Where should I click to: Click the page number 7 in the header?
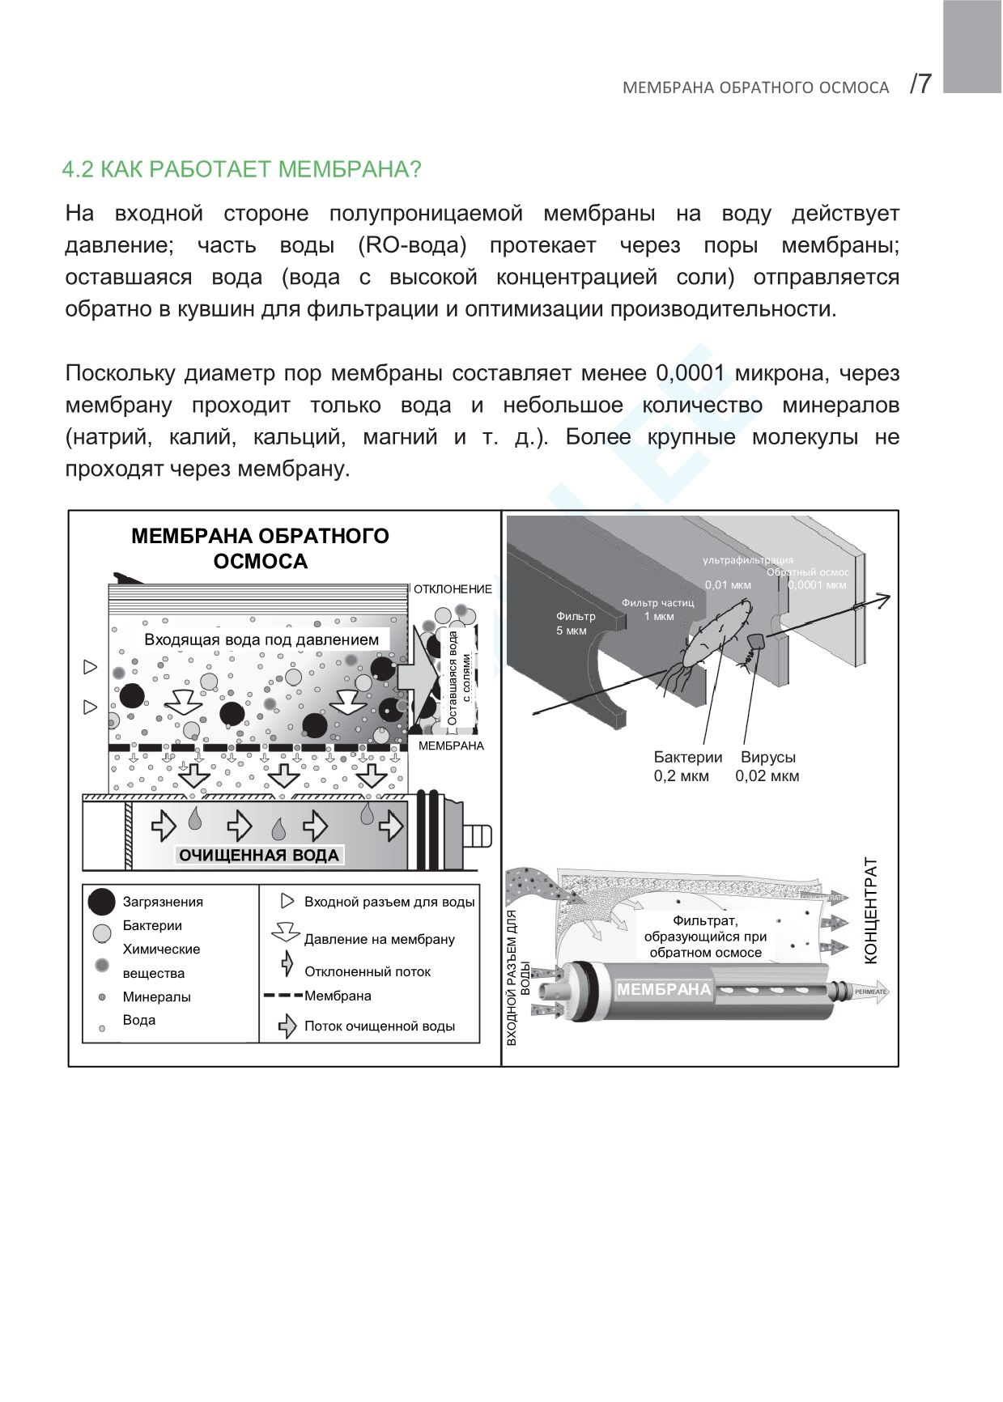(x=922, y=83)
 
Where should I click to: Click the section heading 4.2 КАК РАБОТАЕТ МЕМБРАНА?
(x=241, y=170)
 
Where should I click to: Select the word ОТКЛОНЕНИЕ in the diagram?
(x=453, y=589)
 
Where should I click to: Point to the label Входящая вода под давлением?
(x=261, y=639)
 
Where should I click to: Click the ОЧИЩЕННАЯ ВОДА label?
(x=258, y=856)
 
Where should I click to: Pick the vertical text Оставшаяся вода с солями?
(x=459, y=678)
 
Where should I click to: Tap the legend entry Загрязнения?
(x=163, y=902)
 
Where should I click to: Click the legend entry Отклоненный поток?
(x=367, y=971)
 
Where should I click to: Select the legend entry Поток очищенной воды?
(x=379, y=1026)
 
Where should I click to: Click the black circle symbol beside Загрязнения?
(x=102, y=902)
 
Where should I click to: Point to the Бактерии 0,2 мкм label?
(x=687, y=767)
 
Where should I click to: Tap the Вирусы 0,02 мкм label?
(x=767, y=767)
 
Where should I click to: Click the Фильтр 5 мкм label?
(x=575, y=623)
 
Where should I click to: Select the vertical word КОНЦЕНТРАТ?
(x=871, y=911)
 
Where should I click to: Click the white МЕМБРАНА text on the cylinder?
(x=663, y=989)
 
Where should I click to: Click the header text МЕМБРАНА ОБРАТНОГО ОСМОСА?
(x=755, y=87)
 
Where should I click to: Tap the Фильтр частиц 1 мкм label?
(x=657, y=610)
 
